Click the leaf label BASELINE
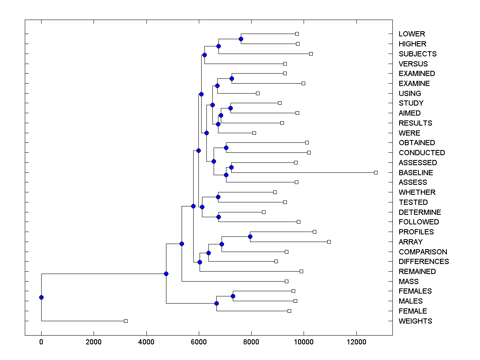pyautogui.click(x=416, y=173)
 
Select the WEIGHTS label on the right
pyautogui.click(x=415, y=321)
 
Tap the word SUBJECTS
pyautogui.click(x=417, y=54)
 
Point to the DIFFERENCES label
pyautogui.click(x=424, y=262)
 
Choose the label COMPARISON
pyautogui.click(x=423, y=252)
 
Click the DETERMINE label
pyautogui.click(x=420, y=212)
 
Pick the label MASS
pyautogui.click(x=408, y=282)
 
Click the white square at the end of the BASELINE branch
pyautogui.click(x=376, y=172)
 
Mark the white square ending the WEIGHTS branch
pyautogui.click(x=126, y=321)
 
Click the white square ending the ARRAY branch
pyautogui.click(x=329, y=242)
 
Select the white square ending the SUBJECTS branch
pyautogui.click(x=311, y=54)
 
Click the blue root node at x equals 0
pyautogui.click(x=41, y=297)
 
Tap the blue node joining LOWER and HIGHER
pyautogui.click(x=241, y=39)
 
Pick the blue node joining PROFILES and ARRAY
pyautogui.click(x=250, y=236)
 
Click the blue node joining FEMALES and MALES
pyautogui.click(x=233, y=296)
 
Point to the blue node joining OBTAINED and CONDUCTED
pyautogui.click(x=226, y=148)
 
